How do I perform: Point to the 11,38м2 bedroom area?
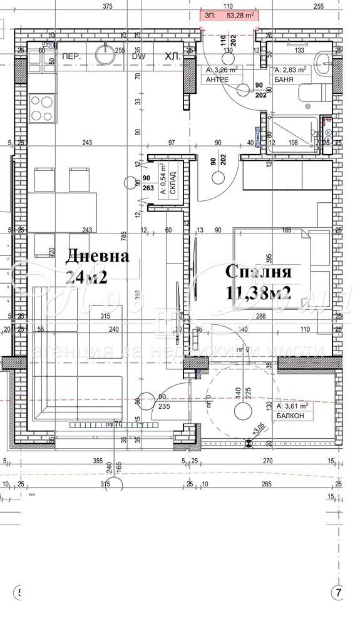[258, 292]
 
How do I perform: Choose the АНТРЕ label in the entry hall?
[217, 80]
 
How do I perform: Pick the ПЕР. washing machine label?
[70, 56]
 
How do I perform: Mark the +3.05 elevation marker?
[257, 431]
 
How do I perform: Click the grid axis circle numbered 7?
[339, 592]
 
